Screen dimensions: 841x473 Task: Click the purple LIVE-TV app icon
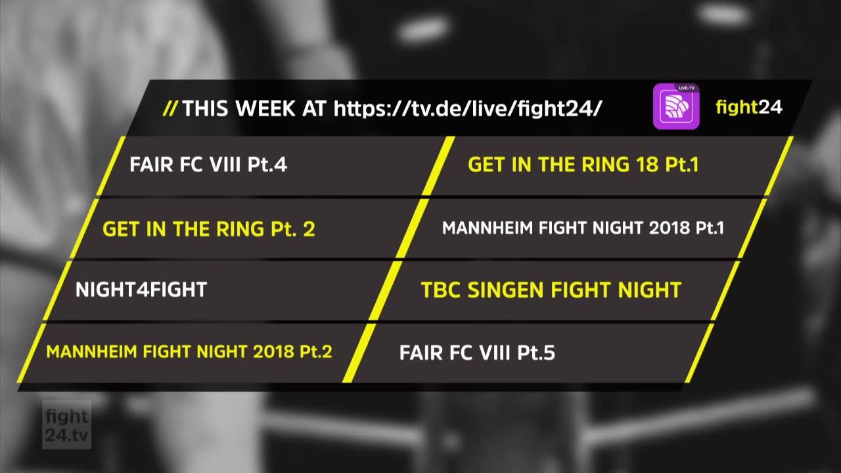(x=676, y=106)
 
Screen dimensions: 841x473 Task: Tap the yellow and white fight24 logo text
(x=749, y=107)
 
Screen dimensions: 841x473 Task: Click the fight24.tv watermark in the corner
(x=67, y=425)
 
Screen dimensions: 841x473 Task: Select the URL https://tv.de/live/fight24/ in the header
(x=468, y=108)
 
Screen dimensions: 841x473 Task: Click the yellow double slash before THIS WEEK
(x=170, y=108)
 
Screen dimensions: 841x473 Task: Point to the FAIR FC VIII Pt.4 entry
(x=208, y=164)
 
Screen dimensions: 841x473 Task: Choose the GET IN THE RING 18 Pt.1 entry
(x=583, y=164)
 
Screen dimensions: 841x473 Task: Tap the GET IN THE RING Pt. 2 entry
(x=209, y=229)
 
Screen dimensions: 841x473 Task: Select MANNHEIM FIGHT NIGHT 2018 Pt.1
(x=583, y=228)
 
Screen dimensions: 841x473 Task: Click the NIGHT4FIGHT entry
(x=141, y=290)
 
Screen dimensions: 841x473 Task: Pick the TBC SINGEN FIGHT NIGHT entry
(x=551, y=290)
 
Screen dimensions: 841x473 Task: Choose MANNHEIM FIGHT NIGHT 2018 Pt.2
(x=189, y=351)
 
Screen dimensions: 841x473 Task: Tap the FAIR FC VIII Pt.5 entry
(x=477, y=353)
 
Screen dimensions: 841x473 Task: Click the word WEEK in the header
(x=265, y=108)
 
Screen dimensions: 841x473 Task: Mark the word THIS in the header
(x=206, y=108)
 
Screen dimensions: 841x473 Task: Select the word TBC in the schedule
(x=440, y=290)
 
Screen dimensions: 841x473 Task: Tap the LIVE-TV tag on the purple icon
(x=687, y=88)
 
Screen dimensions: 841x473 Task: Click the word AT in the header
(x=314, y=108)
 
